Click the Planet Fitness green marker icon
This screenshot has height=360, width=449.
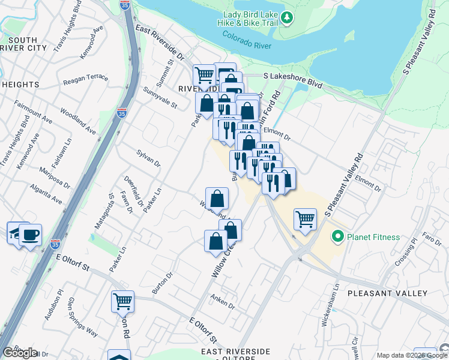tap(337, 237)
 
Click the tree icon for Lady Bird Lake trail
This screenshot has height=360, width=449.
tap(288, 17)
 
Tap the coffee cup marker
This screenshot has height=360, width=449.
tap(30, 234)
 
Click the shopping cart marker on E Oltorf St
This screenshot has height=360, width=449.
tap(122, 301)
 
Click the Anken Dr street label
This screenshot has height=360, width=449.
tap(223, 301)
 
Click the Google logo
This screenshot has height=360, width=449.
tap(19, 353)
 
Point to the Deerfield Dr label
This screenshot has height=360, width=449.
tap(133, 191)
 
